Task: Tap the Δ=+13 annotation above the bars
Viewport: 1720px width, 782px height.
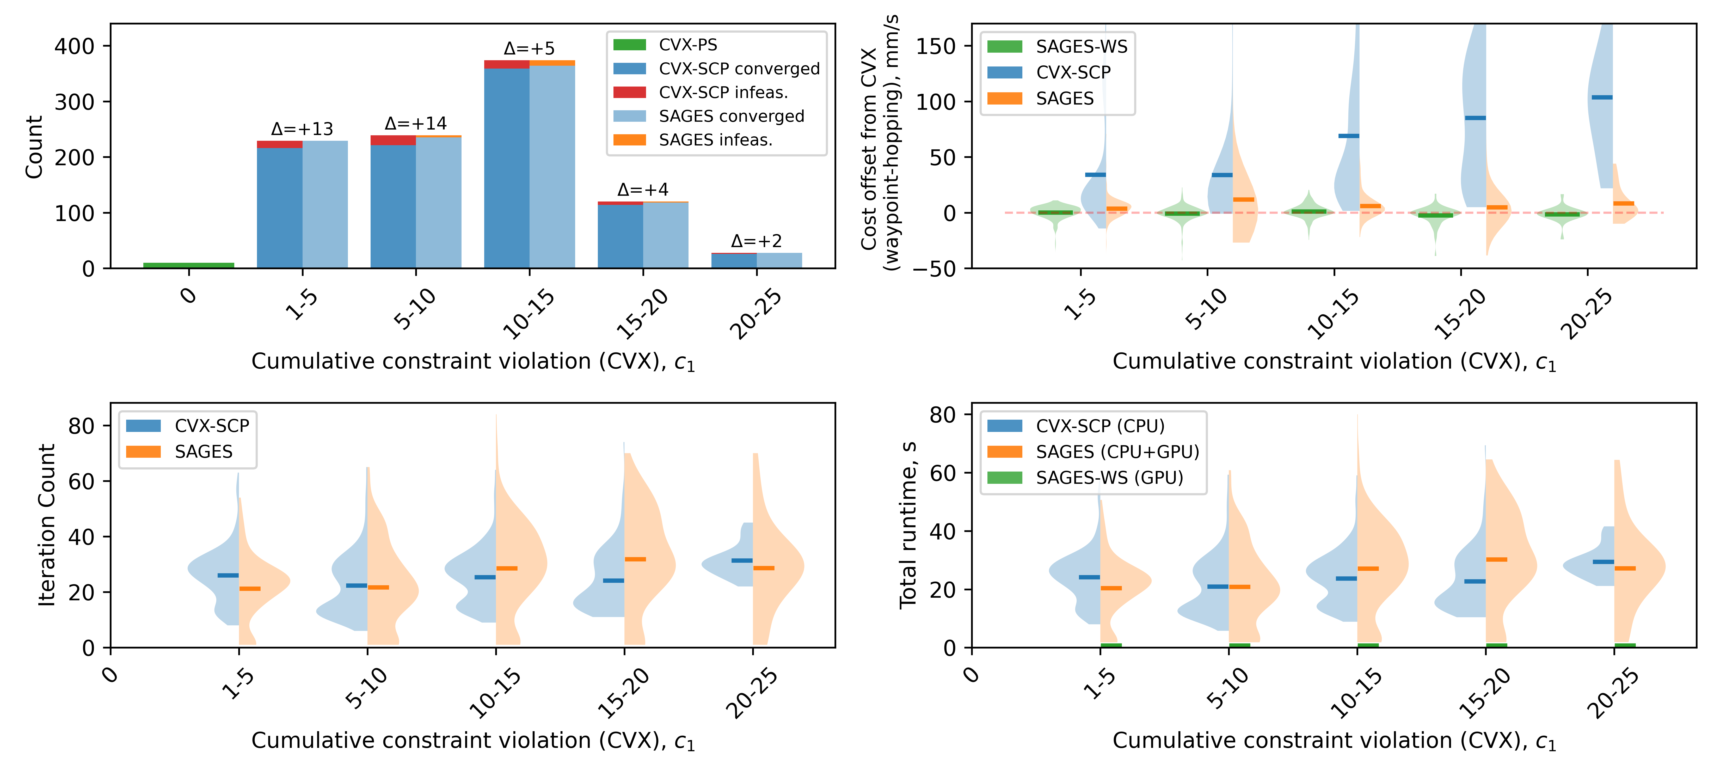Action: pyautogui.click(x=302, y=129)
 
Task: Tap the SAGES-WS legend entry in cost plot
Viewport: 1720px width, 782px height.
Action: pyautogui.click(x=1080, y=47)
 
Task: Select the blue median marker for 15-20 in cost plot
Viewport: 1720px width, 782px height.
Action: pyautogui.click(x=1475, y=118)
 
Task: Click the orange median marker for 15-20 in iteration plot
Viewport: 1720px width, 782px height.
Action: pyautogui.click(x=635, y=559)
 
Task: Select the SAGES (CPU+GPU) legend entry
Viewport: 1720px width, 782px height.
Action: pyautogui.click(x=1116, y=452)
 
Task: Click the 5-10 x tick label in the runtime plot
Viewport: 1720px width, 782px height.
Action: pyautogui.click(x=1227, y=688)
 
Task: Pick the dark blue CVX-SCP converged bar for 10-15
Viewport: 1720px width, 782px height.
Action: pyautogui.click(x=506, y=167)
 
